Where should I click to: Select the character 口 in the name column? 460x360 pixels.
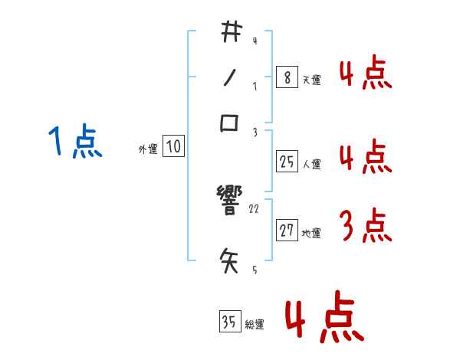click(230, 123)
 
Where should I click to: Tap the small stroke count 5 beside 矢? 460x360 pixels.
click(255, 270)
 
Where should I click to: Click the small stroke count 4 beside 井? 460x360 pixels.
click(254, 41)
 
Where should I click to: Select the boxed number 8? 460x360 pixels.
click(286, 77)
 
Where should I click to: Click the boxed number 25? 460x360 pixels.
click(287, 161)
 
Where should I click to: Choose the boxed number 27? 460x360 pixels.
click(287, 231)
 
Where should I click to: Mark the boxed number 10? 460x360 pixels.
click(174, 147)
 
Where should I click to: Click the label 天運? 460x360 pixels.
click(311, 80)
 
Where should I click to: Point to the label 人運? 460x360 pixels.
click(311, 163)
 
